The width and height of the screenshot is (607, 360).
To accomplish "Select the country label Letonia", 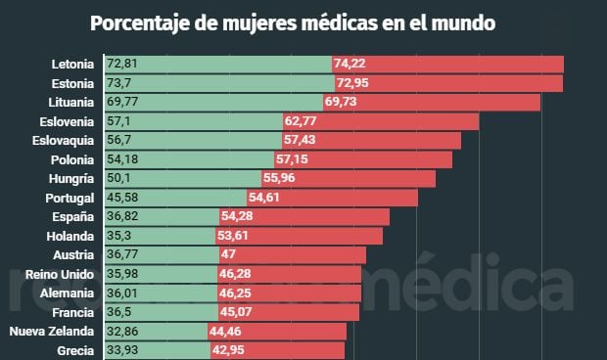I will click(x=72, y=65).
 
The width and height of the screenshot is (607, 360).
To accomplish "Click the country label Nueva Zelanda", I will click(x=52, y=332).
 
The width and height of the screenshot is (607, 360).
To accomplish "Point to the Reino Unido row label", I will click(x=60, y=275).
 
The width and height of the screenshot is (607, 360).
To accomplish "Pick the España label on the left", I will click(x=73, y=217).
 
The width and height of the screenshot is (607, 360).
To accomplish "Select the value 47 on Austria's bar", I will click(x=228, y=255).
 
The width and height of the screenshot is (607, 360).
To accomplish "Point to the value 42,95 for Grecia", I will click(x=230, y=350).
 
